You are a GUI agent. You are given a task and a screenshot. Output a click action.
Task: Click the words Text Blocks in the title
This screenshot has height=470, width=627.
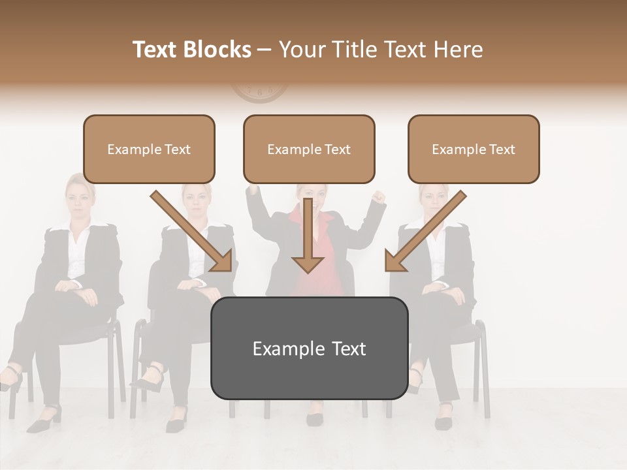(191, 50)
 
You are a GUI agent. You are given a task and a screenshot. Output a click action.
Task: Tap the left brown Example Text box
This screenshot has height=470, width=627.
(149, 149)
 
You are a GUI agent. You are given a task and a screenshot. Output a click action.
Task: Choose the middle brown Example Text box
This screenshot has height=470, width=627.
(309, 149)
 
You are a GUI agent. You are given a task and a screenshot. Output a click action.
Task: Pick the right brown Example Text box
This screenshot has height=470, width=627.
(474, 149)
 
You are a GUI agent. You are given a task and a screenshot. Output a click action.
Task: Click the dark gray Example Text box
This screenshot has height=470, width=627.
(309, 348)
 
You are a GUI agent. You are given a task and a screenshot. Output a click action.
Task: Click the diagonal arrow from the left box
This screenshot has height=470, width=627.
(193, 232)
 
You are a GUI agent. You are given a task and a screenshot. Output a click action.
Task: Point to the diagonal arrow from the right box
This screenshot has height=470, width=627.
(425, 232)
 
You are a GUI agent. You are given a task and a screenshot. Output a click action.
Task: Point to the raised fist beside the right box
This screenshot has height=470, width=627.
(378, 197)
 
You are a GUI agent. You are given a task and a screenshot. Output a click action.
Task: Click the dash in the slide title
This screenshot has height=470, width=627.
(265, 50)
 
